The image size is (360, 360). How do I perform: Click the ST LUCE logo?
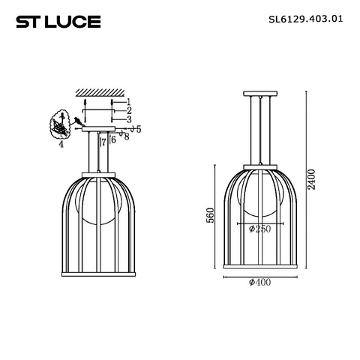pos(58,22)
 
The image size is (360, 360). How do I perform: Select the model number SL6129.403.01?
pos(306,19)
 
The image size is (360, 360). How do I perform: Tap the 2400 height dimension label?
pos(311,179)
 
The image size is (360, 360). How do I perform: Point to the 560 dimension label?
pos(210,215)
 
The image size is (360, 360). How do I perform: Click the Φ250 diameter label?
pos(259,229)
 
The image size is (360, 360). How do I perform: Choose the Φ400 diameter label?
pos(259,282)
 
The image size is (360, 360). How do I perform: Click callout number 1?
pos(128,102)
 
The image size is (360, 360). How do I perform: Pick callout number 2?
pos(129,110)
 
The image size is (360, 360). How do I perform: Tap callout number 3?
pos(129,119)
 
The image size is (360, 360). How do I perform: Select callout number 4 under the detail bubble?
pos(61,144)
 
